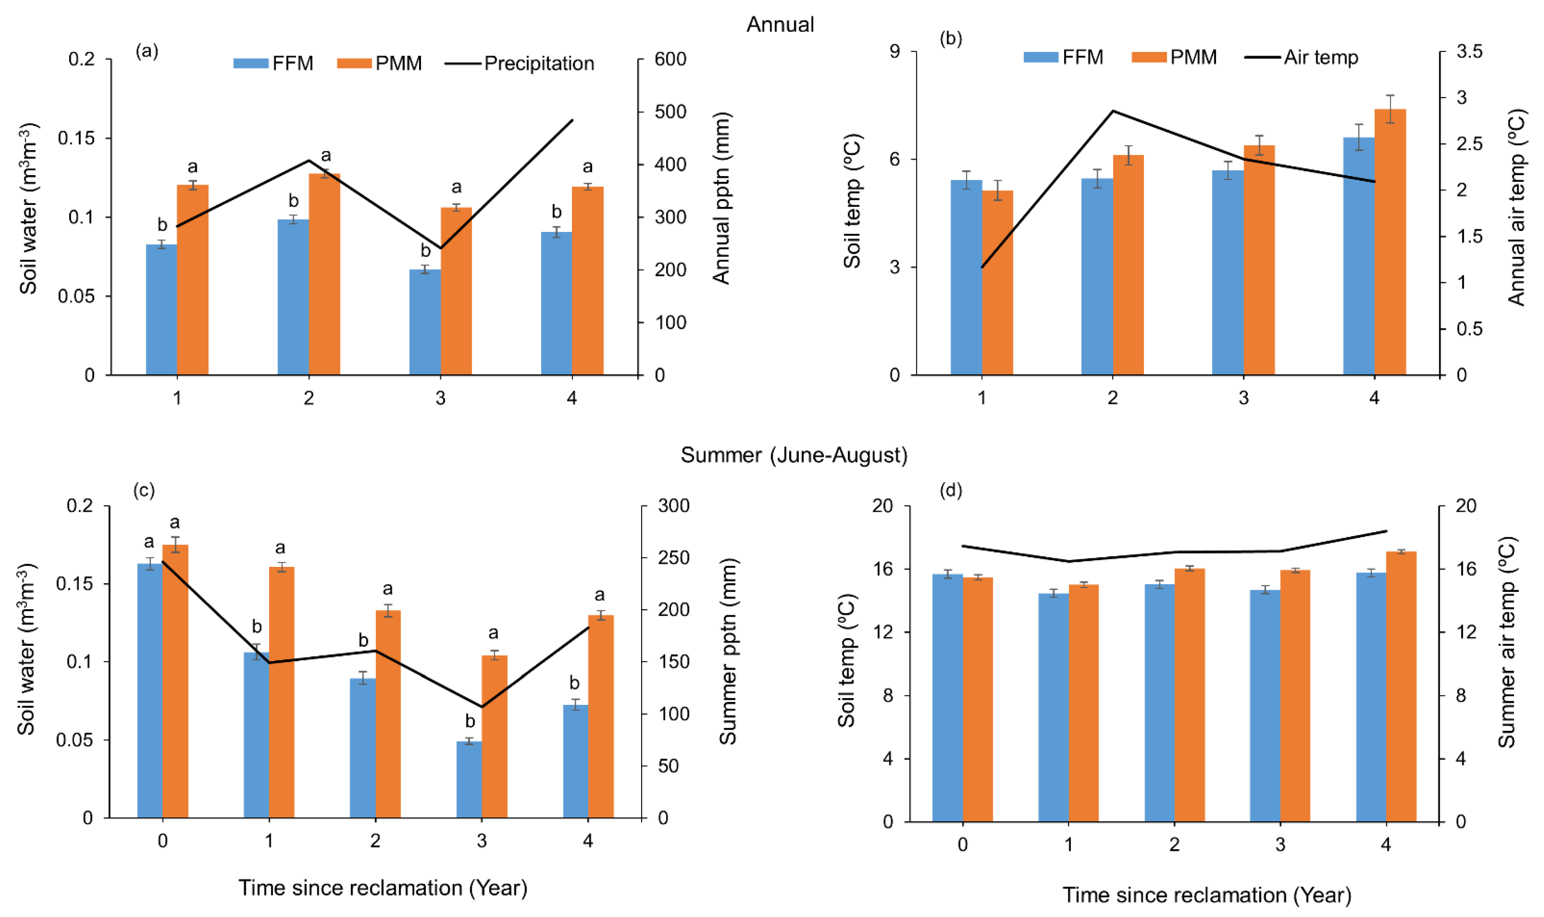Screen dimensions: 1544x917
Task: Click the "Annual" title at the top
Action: click(x=780, y=25)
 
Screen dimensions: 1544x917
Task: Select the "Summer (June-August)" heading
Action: click(x=794, y=455)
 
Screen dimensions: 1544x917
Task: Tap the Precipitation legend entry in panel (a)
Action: click(x=519, y=63)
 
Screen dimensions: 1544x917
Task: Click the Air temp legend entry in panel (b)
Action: click(x=1301, y=58)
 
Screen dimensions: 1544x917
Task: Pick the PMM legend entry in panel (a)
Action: click(x=380, y=63)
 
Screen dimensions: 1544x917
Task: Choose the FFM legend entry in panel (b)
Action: click(x=1063, y=58)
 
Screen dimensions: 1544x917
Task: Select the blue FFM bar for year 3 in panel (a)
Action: click(x=425, y=322)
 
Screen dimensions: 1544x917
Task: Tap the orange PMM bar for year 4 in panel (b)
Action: click(x=1389, y=242)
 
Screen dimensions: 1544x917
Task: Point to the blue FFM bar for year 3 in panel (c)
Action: click(x=469, y=779)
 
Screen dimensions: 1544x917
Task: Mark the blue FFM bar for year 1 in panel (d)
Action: click(x=1054, y=708)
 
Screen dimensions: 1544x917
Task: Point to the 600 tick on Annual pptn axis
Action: click(x=670, y=59)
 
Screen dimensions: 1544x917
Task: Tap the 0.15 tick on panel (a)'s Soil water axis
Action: click(x=77, y=138)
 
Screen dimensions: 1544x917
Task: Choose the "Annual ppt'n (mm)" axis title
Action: click(x=721, y=198)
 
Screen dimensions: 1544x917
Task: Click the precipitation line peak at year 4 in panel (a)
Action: click(x=573, y=120)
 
